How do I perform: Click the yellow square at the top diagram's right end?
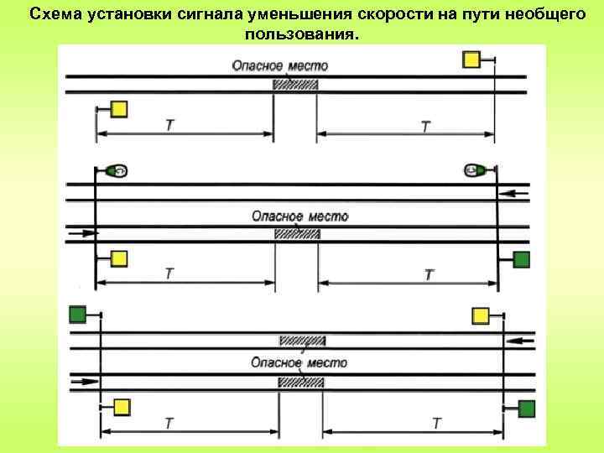point(472,59)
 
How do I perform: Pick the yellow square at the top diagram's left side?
point(118,109)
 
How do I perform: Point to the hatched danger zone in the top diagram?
point(295,84)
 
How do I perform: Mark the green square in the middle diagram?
point(521,259)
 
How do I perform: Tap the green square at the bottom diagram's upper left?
point(78,314)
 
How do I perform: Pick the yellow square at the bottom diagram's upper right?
point(481,315)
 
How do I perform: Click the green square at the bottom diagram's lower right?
point(526,409)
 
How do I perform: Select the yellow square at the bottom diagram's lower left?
point(122,407)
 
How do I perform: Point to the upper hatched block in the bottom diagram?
point(302,341)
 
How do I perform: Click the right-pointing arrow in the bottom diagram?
point(85,382)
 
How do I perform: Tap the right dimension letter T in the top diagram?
point(427,126)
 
